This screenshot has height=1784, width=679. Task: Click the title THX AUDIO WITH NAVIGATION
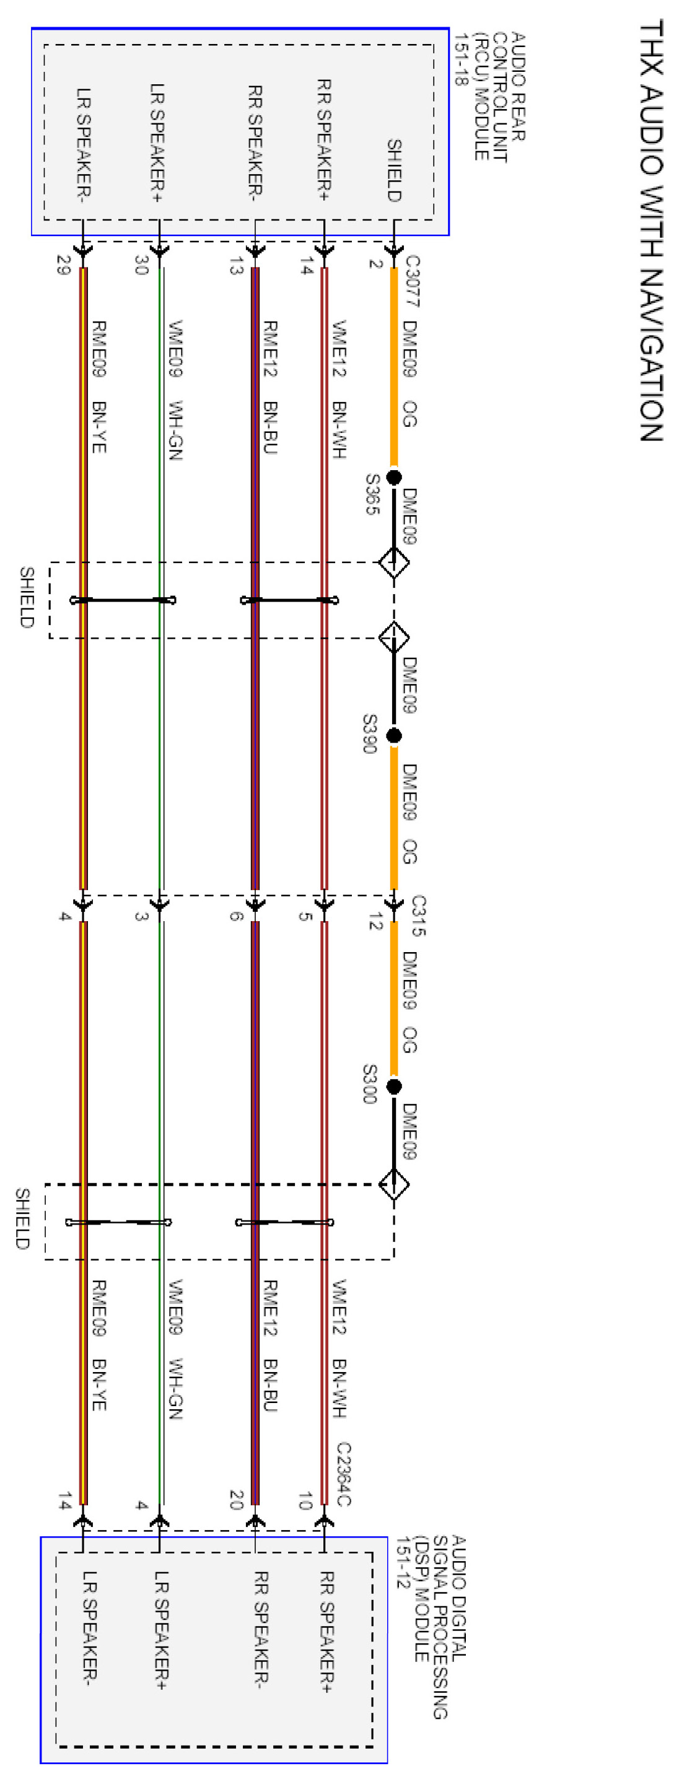(x=651, y=230)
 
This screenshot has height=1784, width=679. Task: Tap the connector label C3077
(x=412, y=281)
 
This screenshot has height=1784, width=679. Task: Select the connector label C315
(x=418, y=915)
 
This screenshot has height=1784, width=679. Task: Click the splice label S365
(x=372, y=494)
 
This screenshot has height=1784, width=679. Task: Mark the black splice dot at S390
(x=393, y=735)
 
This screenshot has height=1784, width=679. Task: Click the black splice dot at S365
(x=393, y=476)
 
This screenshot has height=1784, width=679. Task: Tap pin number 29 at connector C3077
(x=63, y=265)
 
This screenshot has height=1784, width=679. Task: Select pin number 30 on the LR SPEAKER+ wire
(x=141, y=265)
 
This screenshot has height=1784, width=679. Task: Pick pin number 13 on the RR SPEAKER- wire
(x=236, y=265)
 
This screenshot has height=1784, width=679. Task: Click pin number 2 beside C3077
(x=375, y=263)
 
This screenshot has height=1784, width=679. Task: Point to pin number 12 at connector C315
(x=375, y=921)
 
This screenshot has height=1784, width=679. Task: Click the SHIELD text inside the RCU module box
(x=393, y=170)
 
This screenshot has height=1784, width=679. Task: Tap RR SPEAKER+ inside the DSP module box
(x=326, y=1632)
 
